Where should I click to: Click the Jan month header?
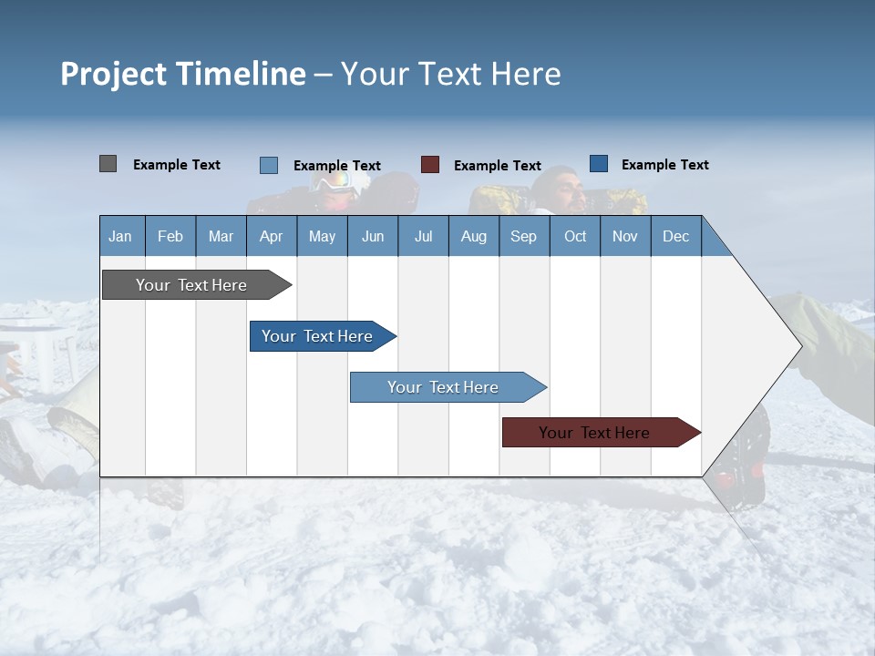tap(121, 236)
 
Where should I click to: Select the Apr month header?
tap(272, 236)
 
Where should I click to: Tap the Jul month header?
tap(424, 236)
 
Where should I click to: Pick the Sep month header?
tap(524, 236)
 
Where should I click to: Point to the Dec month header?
tap(676, 236)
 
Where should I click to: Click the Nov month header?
tap(625, 236)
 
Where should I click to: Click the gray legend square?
tap(108, 164)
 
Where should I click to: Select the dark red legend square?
tap(430, 165)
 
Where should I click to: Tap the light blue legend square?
tap(269, 165)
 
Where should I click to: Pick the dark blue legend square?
tap(599, 164)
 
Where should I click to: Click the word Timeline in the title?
tap(241, 74)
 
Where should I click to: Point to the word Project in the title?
tap(114, 74)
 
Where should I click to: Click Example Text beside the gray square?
tap(177, 165)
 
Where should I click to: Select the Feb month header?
tap(170, 236)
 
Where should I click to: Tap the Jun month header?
tap(373, 236)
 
